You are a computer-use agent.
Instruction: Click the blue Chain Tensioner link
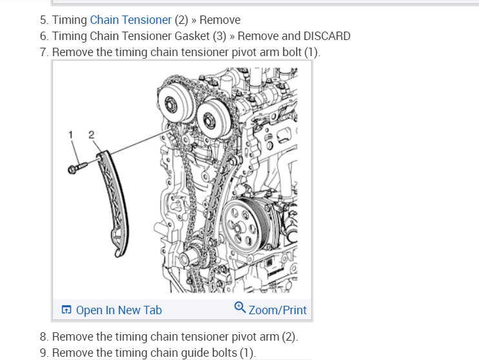click(x=130, y=20)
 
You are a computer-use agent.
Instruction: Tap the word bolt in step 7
click(x=292, y=52)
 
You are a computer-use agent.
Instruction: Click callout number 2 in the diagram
click(x=91, y=134)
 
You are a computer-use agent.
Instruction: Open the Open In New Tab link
click(x=119, y=310)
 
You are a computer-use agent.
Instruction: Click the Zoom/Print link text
click(x=278, y=310)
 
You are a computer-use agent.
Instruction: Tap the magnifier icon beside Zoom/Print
click(x=240, y=308)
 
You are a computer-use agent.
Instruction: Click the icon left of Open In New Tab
click(x=66, y=310)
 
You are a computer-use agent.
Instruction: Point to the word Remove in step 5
click(x=219, y=20)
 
